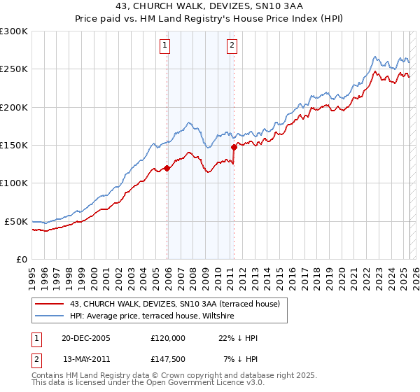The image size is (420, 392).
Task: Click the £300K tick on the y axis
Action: (x=14, y=31)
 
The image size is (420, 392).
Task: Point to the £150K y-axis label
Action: (x=14, y=145)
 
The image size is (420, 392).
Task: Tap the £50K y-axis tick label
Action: (x=16, y=221)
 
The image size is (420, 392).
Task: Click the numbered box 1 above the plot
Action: (x=164, y=46)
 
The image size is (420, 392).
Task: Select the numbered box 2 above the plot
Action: (x=232, y=46)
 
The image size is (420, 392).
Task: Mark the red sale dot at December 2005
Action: (x=167, y=168)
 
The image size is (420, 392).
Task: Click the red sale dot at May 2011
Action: (x=234, y=147)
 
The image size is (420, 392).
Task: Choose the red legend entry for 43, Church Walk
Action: (x=174, y=304)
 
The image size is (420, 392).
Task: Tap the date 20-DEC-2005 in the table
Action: (x=85, y=338)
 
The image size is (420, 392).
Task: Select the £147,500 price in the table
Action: (x=168, y=359)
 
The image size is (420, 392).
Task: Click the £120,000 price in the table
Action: (x=168, y=338)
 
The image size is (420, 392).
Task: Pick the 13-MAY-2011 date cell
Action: (x=87, y=359)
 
